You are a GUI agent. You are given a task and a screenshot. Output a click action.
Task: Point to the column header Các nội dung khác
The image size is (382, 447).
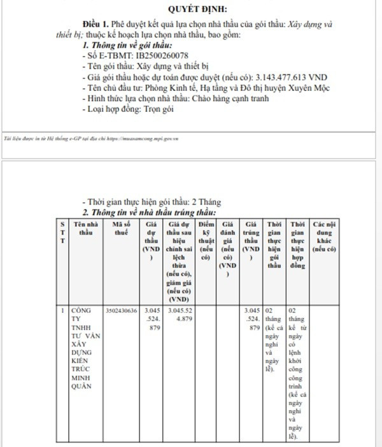click(x=324, y=237)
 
